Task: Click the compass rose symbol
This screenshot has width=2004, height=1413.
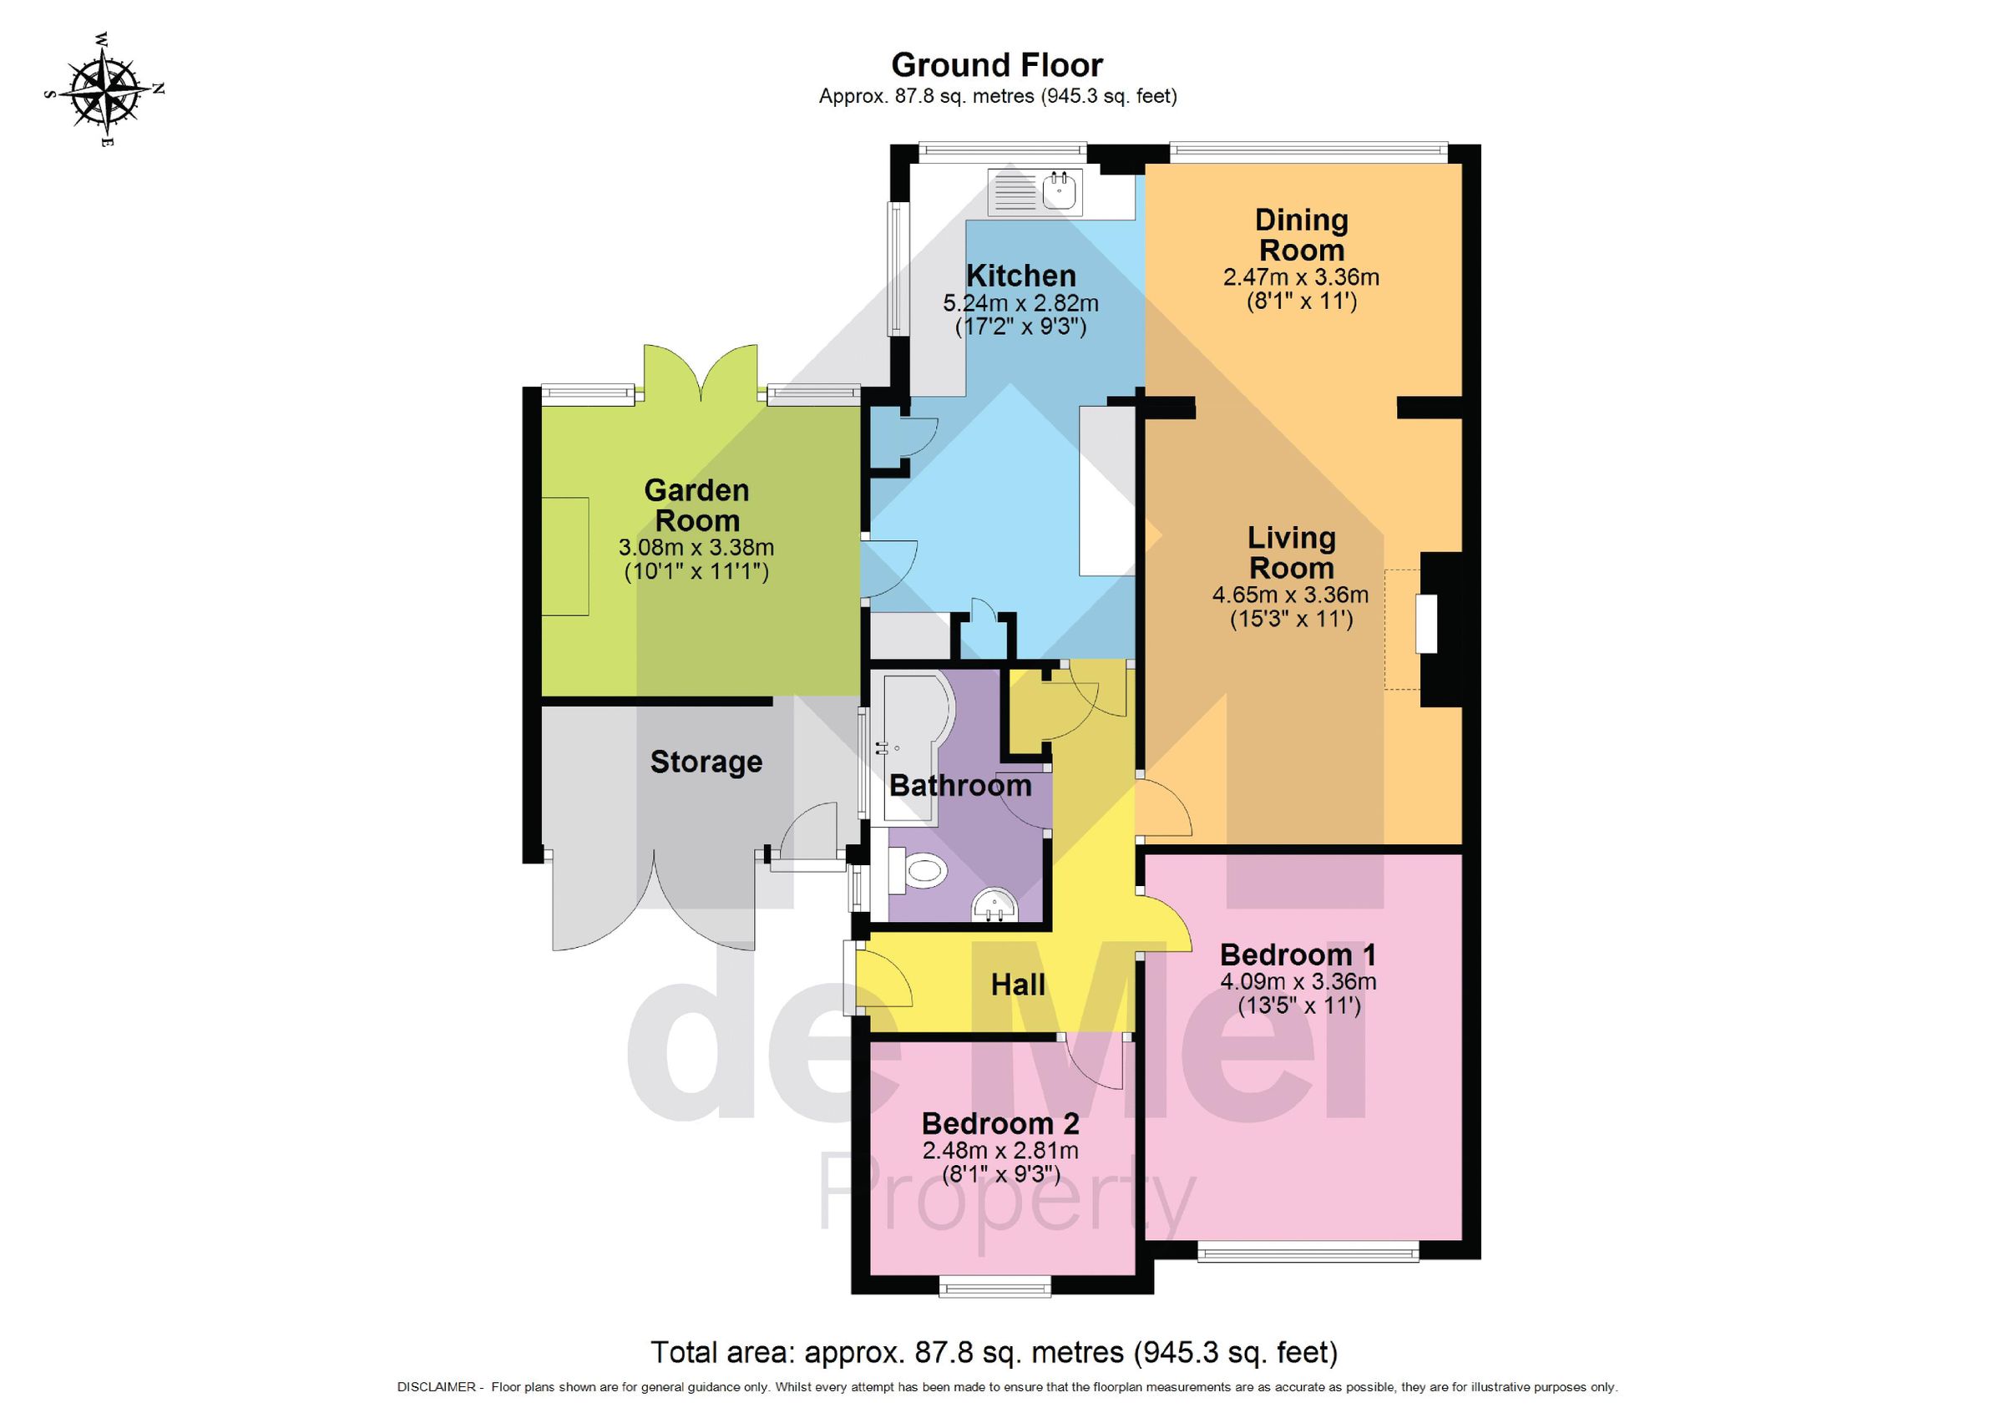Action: (104, 89)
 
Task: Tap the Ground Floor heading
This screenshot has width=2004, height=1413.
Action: (997, 64)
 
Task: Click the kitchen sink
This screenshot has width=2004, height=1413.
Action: (1060, 190)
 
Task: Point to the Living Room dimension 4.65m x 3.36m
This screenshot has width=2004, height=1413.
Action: (1290, 595)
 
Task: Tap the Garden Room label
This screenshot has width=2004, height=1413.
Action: (696, 505)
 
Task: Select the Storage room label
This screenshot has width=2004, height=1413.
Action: (706, 761)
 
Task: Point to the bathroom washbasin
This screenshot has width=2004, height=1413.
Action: (994, 905)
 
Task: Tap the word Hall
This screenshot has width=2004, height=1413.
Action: (1018, 985)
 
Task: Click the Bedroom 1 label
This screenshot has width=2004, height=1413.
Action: (1298, 954)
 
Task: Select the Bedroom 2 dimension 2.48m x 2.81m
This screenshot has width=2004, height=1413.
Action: (1000, 1150)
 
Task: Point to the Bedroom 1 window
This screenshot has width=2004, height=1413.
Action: (1308, 1254)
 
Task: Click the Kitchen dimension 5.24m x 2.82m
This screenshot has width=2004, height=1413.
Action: (1020, 304)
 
